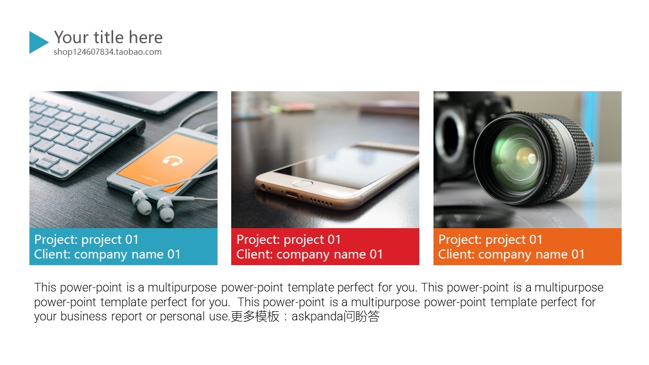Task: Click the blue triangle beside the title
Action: [38, 42]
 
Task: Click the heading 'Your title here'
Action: [109, 38]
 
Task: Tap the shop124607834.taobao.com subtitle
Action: [107, 52]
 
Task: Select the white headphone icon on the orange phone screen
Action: [173, 161]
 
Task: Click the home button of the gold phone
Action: [303, 184]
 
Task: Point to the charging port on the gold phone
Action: [292, 194]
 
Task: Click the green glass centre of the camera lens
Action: [519, 158]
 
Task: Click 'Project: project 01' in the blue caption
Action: [86, 240]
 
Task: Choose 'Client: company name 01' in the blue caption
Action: [107, 254]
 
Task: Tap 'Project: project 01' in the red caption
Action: [289, 240]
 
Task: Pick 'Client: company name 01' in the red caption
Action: [309, 254]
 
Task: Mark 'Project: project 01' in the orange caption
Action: [490, 240]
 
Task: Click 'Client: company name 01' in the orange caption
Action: [511, 254]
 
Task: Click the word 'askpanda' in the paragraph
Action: [317, 317]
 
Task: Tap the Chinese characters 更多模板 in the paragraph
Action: [255, 316]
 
